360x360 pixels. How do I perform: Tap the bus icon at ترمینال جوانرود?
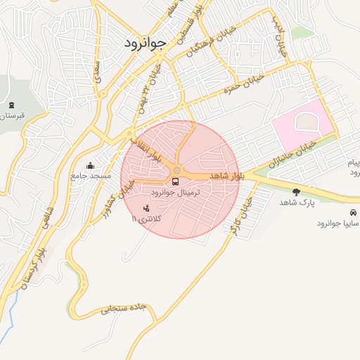click(175, 181)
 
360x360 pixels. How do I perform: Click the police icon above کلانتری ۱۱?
click(146, 208)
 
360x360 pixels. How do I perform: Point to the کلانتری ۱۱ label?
click(146, 219)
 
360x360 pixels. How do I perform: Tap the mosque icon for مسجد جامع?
click(90, 166)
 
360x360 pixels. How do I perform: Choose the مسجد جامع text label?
click(90, 176)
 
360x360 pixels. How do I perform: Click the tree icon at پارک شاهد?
click(296, 191)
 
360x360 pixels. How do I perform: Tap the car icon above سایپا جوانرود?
click(351, 212)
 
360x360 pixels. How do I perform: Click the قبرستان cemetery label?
click(12, 115)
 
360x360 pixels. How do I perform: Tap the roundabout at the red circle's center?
click(177, 171)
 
